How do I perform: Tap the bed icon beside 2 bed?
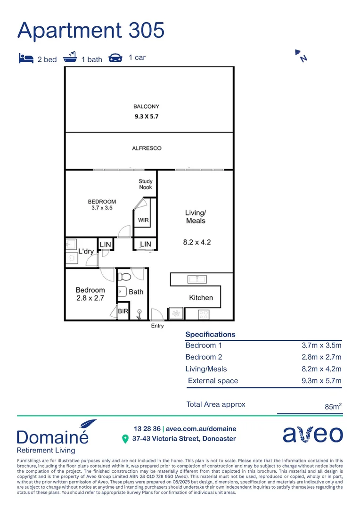pyautogui.click(x=25, y=58)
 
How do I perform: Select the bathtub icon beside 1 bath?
pyautogui.click(x=70, y=58)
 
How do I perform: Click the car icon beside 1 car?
pyautogui.click(x=115, y=58)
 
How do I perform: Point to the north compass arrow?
pyautogui.click(x=301, y=55)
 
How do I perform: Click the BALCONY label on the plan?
pyautogui.click(x=146, y=107)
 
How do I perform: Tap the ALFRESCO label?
pyautogui.click(x=147, y=148)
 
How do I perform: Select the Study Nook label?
pyautogui.click(x=146, y=184)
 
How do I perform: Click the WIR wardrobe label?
pyautogui.click(x=144, y=220)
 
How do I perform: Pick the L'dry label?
pyautogui.click(x=86, y=251)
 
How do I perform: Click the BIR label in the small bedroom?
pyautogui.click(x=123, y=312)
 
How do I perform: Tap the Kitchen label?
pyautogui.click(x=201, y=298)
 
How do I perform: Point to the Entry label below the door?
pyautogui.click(x=157, y=326)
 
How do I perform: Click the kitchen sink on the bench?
pyautogui.click(x=196, y=279)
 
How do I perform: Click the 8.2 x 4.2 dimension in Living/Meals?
pyautogui.click(x=196, y=243)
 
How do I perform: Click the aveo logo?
pyautogui.click(x=312, y=435)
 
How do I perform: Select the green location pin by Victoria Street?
pyautogui.click(x=125, y=439)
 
